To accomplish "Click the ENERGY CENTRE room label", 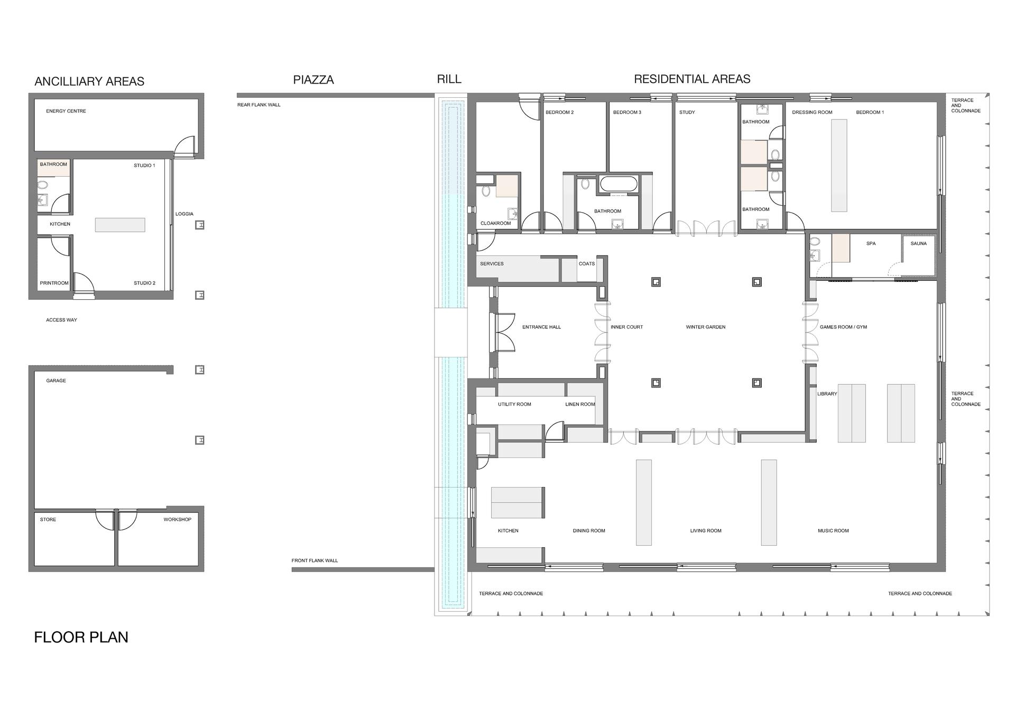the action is (x=66, y=111).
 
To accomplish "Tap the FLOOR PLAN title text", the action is (x=81, y=637).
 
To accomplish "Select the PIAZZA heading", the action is (x=313, y=80).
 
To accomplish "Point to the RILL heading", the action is (x=449, y=79).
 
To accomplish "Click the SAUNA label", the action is (x=919, y=244).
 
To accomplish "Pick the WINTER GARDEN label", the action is (x=706, y=327).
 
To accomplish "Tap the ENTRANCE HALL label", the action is (x=541, y=327).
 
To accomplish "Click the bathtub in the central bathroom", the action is (x=619, y=185).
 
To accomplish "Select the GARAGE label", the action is (x=56, y=381).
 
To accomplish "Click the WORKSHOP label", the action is (x=178, y=520).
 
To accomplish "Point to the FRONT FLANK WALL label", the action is (x=315, y=560).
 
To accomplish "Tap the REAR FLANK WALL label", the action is (x=259, y=105).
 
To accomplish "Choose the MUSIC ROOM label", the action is (x=833, y=531).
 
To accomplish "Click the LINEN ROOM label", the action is (x=580, y=405).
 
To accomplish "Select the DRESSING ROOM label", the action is (x=812, y=113).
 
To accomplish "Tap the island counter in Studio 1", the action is (x=120, y=225).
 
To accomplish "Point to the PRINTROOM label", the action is (x=54, y=283).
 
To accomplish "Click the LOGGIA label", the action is (x=184, y=214).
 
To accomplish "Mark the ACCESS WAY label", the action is (x=61, y=320).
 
